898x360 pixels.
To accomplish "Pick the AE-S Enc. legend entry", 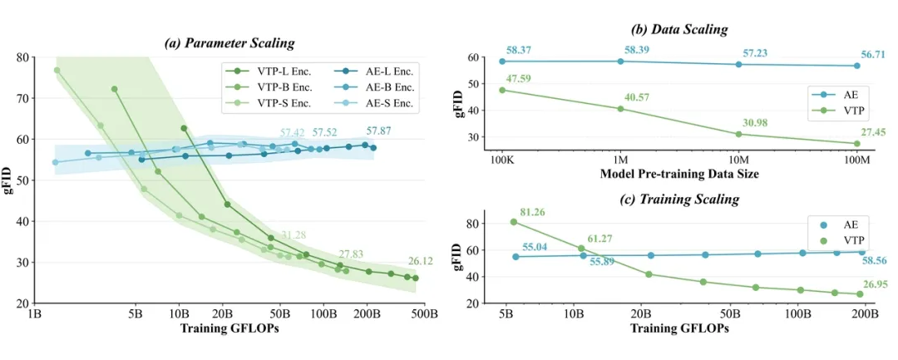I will point(381,104).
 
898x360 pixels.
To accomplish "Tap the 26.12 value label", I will point(422,260).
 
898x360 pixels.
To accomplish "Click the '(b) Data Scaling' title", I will point(679,29).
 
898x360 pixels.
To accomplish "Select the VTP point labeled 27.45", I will point(856,143).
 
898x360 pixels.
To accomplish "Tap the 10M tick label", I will point(738,158).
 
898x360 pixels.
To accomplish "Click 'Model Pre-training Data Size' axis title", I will point(680,173).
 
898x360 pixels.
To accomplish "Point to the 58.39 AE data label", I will point(635,51).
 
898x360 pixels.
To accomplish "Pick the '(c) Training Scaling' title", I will point(680,200).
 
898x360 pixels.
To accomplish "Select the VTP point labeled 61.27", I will point(581,249).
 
